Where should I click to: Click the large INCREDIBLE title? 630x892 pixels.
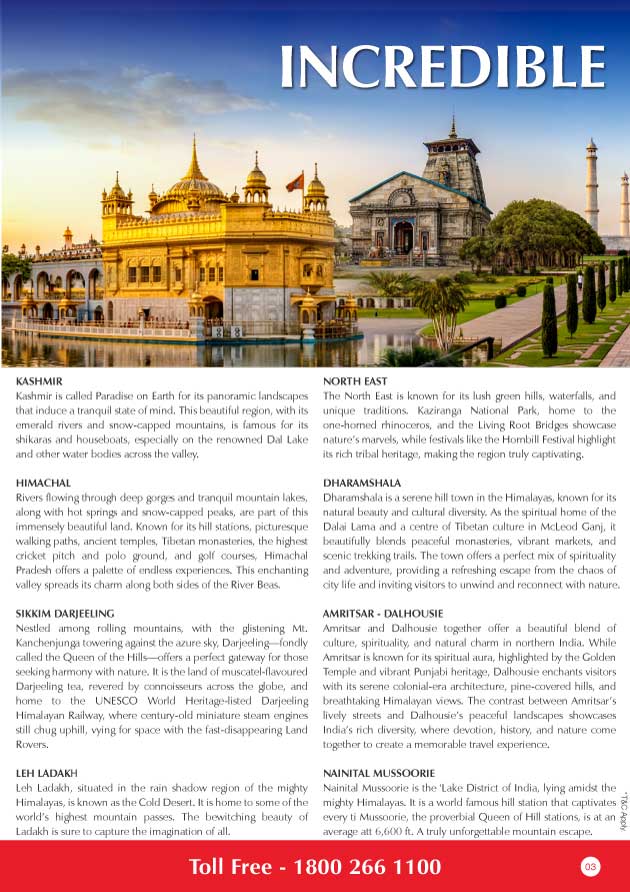(x=443, y=66)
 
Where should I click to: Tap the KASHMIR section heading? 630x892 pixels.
(x=40, y=382)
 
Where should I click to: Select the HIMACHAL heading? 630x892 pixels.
(x=43, y=483)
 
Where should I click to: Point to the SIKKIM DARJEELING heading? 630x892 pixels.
(x=66, y=612)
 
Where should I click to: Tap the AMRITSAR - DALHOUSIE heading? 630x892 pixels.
(x=386, y=612)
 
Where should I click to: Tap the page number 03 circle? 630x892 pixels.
(x=590, y=866)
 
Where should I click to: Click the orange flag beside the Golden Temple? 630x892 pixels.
(x=295, y=182)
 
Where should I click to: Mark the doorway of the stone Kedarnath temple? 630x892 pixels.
(x=404, y=237)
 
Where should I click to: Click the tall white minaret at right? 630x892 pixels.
(x=592, y=185)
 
